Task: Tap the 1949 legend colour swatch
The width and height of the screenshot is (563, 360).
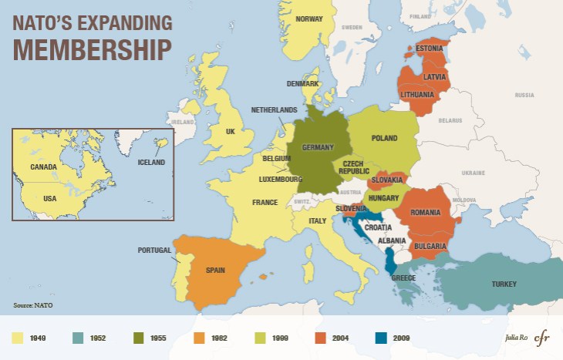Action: coord(17,338)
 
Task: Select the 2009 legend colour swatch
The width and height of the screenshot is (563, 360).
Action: coord(380,338)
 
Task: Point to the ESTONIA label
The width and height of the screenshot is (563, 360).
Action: coord(429,49)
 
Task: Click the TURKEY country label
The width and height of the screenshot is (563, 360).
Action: coord(504,284)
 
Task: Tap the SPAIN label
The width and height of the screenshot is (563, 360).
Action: coord(215,271)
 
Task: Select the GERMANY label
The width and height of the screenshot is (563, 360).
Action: coord(317,147)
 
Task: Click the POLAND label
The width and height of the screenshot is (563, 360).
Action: coord(384,138)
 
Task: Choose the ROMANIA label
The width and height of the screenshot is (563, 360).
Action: coord(425,212)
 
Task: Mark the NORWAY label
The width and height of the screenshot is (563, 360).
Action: coord(309,19)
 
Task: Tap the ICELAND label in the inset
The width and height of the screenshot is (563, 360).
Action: coord(151,163)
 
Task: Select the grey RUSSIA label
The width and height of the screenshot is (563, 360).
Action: coord(524,95)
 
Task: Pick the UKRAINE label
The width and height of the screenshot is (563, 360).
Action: coord(472,173)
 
